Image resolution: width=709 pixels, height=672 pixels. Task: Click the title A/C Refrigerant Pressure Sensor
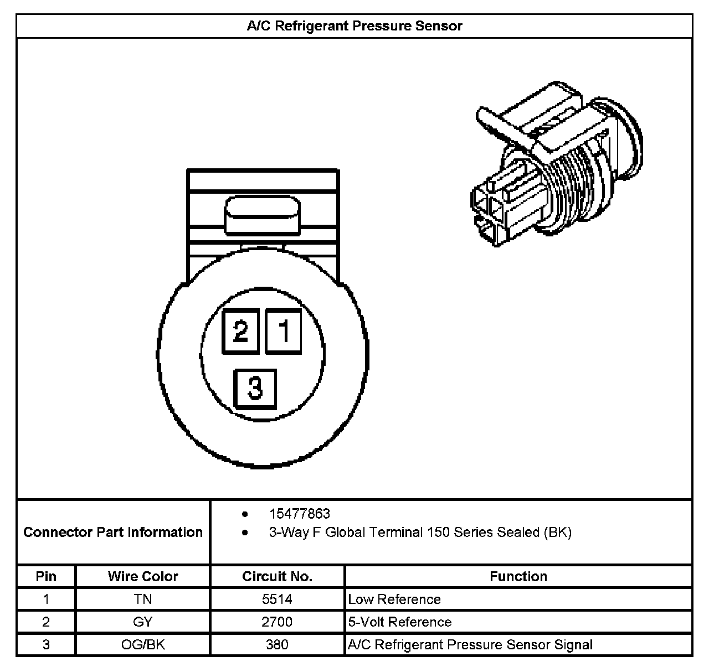354,26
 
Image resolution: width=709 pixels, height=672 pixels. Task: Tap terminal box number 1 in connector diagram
284,332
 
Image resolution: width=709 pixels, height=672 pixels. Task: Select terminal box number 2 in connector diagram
240,332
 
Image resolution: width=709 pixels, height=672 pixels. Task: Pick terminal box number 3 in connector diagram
255,388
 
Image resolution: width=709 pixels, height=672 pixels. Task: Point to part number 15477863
299,514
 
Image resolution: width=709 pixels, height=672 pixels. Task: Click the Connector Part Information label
113,532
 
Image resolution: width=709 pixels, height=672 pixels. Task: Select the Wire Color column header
143,576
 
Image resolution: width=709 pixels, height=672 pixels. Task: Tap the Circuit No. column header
277,576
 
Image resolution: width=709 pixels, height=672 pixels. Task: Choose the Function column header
518,576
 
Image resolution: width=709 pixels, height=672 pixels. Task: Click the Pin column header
46,576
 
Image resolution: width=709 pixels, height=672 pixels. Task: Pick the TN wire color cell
143,599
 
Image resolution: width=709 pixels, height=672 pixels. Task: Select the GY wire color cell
143,622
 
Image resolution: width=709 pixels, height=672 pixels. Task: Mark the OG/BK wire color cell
143,645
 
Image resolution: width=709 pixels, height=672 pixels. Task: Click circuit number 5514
277,599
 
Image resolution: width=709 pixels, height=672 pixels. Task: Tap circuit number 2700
277,622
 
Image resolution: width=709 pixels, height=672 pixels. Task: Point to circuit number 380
277,645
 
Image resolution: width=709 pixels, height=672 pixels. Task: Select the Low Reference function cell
394,599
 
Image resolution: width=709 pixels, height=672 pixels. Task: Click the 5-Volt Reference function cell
400,622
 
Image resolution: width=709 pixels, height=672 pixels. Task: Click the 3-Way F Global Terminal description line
420,533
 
